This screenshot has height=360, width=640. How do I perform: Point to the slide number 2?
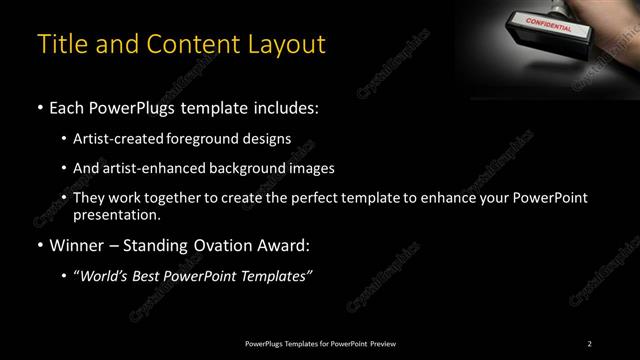(590, 344)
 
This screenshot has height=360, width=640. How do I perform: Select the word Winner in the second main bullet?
(79, 243)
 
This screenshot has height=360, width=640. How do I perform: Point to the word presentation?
(116, 214)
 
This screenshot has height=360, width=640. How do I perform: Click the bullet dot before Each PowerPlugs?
(39, 107)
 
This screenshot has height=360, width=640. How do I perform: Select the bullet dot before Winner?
(39, 243)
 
